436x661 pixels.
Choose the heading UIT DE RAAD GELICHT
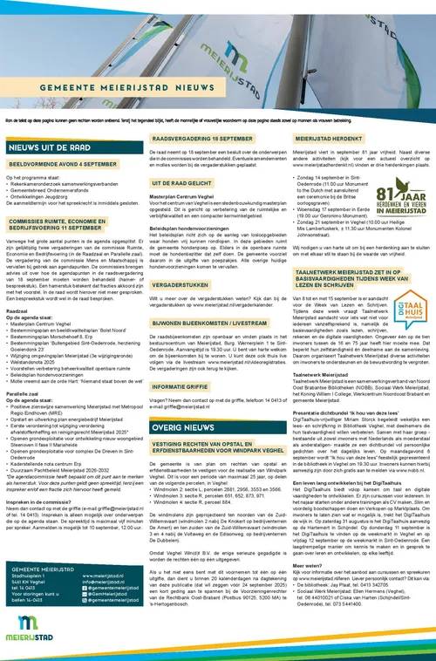click(181, 184)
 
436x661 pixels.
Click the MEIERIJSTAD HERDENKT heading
click(333, 138)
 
